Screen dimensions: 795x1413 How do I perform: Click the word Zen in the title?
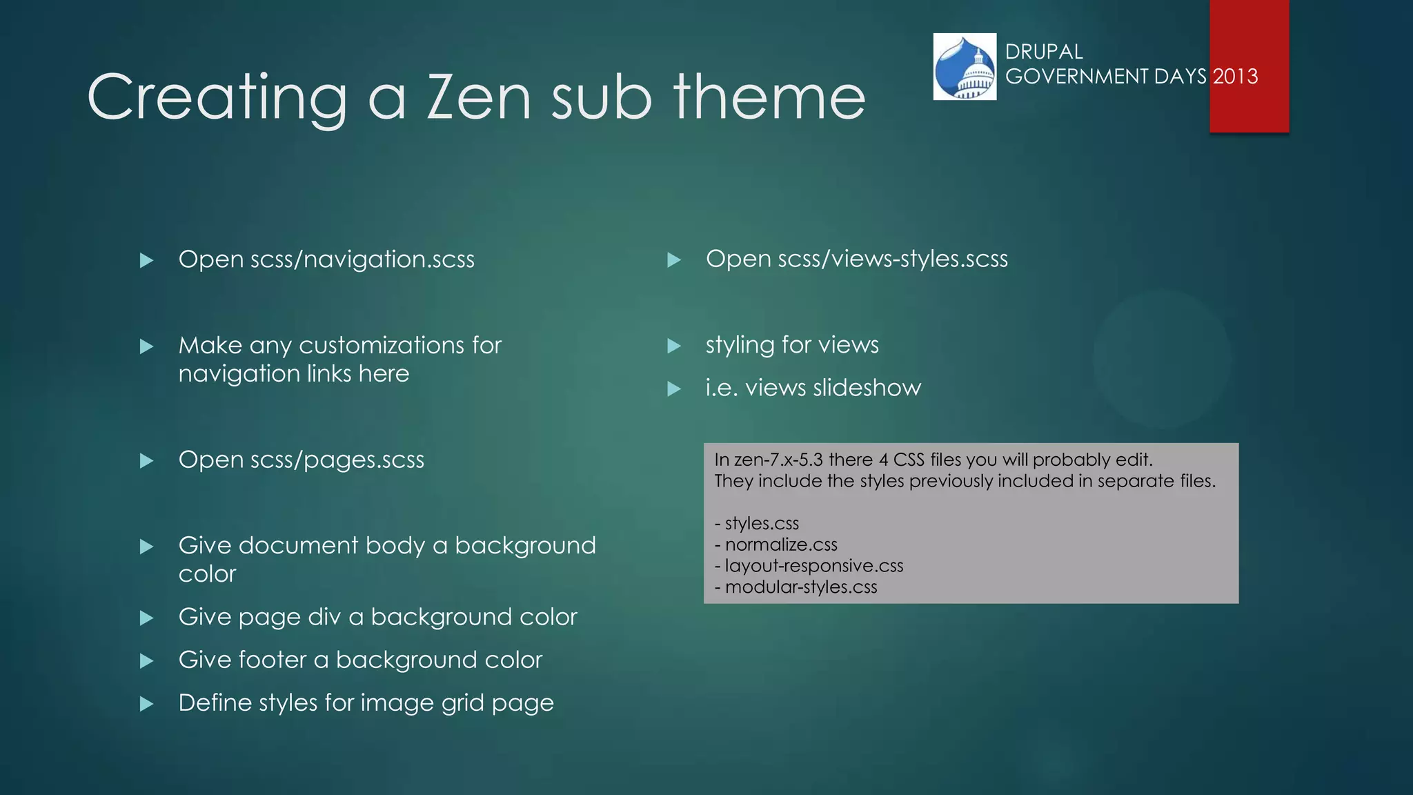click(480, 97)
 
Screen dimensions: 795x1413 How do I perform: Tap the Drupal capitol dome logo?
click(965, 67)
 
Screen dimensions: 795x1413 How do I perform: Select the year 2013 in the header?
click(1235, 76)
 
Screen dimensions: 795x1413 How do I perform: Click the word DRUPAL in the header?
click(1043, 52)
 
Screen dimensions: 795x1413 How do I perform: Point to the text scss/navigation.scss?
click(362, 259)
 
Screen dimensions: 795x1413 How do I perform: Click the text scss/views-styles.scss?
click(893, 259)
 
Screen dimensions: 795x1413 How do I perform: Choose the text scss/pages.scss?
click(337, 460)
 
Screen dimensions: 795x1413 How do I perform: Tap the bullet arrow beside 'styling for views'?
click(674, 346)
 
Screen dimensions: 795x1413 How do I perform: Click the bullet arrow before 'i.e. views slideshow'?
click(674, 389)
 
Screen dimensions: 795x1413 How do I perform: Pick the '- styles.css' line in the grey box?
click(757, 524)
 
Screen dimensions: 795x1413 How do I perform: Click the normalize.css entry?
click(781, 545)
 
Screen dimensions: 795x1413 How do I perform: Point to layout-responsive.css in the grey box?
click(813, 566)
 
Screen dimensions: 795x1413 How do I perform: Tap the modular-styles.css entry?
click(800, 587)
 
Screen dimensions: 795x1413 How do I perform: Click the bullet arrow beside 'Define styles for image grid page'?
click(146, 704)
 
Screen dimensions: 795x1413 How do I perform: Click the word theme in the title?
click(769, 97)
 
